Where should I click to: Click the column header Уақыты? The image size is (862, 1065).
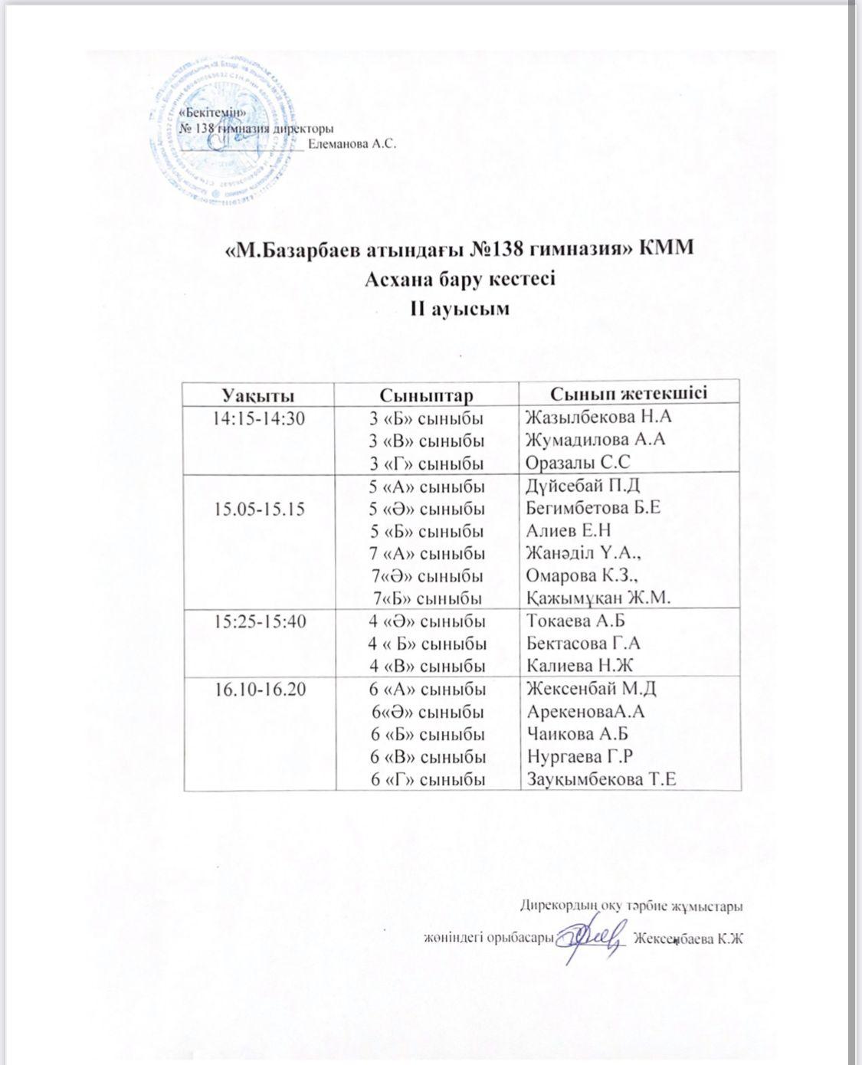258,395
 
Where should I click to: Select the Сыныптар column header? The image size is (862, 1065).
426,395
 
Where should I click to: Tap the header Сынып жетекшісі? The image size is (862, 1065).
618,393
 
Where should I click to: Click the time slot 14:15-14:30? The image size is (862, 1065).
258,418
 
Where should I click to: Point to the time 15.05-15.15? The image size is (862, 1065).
258,508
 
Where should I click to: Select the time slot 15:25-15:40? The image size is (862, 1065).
258,621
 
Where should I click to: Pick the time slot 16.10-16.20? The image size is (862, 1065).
258,690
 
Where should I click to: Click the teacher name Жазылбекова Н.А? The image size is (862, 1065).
594,418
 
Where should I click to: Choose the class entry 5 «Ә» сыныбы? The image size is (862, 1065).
426,509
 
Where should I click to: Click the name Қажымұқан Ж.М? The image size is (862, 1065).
598,598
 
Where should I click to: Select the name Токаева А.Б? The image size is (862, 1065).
576,621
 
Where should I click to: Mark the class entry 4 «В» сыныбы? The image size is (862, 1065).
426,666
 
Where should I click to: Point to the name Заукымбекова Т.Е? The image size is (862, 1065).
601,780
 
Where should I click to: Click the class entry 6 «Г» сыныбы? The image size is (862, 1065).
426,780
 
